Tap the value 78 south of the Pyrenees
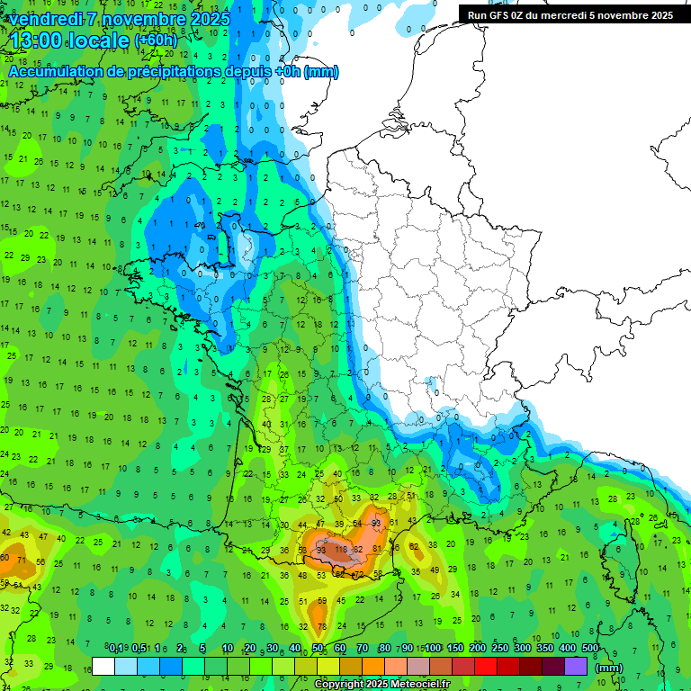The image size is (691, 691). (x=321, y=625)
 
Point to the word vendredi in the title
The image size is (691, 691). (x=46, y=18)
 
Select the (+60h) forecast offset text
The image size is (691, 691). (x=156, y=40)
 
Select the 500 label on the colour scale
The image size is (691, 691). (x=590, y=648)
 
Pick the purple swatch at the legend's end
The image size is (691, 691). (x=577, y=666)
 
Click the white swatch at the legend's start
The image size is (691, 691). (x=103, y=666)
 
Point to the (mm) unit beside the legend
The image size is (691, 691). (x=609, y=668)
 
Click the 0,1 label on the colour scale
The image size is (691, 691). (x=116, y=648)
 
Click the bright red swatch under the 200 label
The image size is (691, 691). (x=487, y=666)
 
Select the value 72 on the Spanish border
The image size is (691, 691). (x=359, y=573)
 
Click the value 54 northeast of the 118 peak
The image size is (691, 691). (x=357, y=523)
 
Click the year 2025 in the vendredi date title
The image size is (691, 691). (x=211, y=18)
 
